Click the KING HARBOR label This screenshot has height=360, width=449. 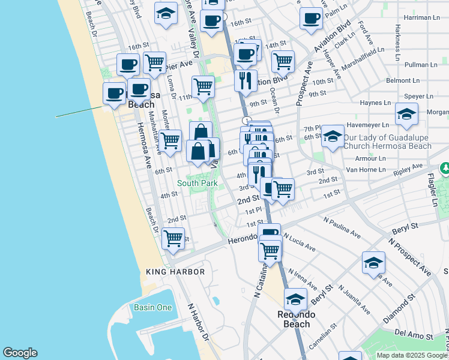click(x=176, y=272)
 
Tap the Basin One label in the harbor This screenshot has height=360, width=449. click(x=152, y=308)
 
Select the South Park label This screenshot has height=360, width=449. click(x=197, y=182)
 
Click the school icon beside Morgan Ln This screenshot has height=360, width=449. click(x=406, y=115)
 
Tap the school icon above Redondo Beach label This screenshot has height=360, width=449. click(x=295, y=299)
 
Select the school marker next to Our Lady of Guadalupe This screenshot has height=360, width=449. click(x=333, y=136)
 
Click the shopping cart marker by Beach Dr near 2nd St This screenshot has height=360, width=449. click(x=173, y=237)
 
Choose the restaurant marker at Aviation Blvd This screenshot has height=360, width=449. click(x=245, y=80)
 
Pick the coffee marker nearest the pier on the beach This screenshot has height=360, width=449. click(x=114, y=93)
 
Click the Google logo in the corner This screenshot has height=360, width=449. click(x=20, y=353)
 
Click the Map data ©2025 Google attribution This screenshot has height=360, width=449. click(x=412, y=355)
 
